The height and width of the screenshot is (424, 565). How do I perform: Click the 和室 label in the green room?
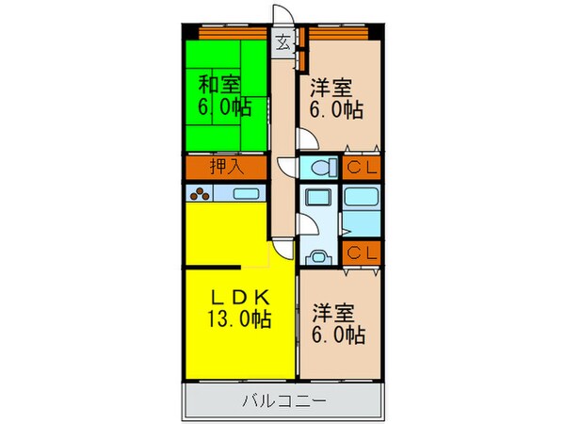(x=218, y=83)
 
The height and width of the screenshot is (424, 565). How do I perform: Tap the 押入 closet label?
(x=225, y=169)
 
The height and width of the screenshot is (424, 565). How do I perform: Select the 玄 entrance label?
(x=282, y=41)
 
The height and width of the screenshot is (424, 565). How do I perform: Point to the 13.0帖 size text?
(x=239, y=320)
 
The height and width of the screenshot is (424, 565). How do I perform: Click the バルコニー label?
(x=283, y=401)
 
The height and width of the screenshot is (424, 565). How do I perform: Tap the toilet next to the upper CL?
(x=320, y=169)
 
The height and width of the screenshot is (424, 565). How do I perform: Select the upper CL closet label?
(x=362, y=169)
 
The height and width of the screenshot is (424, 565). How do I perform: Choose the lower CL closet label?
(x=362, y=252)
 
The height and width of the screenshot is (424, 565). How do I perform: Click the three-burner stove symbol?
(x=202, y=196)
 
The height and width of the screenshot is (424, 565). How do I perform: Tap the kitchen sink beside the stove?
(x=247, y=195)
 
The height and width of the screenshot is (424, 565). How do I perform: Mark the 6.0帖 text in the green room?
(x=218, y=106)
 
